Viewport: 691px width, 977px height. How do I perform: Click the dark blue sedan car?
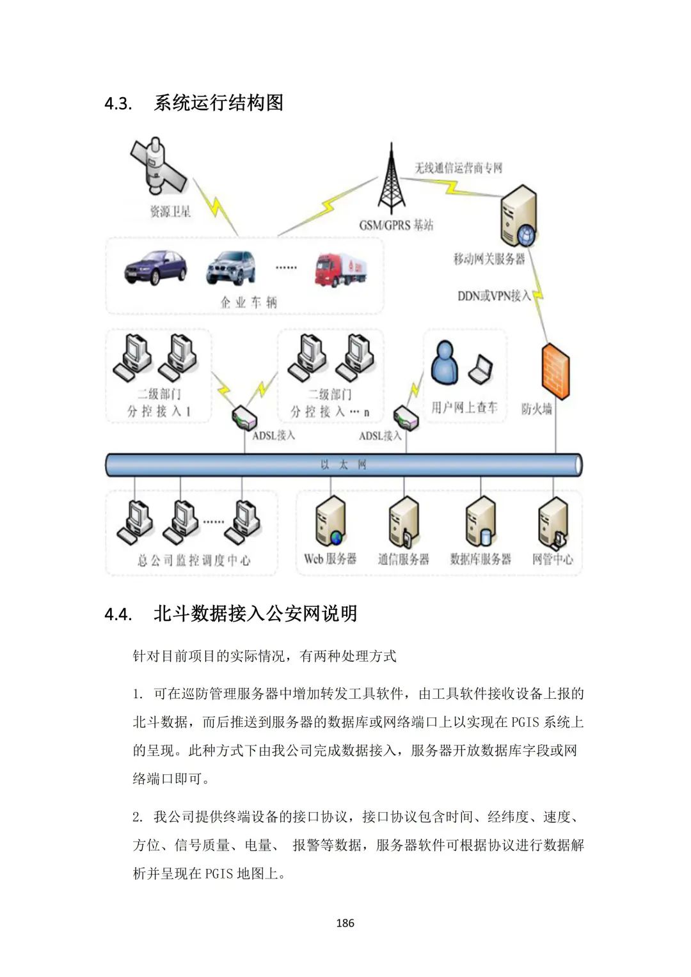click(x=155, y=267)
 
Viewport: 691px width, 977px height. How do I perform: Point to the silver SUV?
click(x=231, y=267)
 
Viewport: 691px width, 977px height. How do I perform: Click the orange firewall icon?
click(x=555, y=370)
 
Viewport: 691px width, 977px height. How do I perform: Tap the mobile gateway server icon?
click(x=518, y=216)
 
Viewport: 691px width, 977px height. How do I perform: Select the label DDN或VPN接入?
click(x=494, y=296)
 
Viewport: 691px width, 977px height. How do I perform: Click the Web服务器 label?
click(x=330, y=559)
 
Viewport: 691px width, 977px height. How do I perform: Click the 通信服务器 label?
click(x=403, y=559)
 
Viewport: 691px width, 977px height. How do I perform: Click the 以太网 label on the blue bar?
click(x=344, y=465)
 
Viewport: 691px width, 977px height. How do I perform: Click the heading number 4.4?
click(x=118, y=614)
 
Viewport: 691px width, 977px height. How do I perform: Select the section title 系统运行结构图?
click(x=219, y=103)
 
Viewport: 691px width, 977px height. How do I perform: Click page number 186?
click(x=345, y=923)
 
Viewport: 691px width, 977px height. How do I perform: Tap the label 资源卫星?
click(x=170, y=212)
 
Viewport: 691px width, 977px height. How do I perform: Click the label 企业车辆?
click(x=248, y=302)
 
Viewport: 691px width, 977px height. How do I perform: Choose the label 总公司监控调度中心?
click(x=194, y=561)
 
